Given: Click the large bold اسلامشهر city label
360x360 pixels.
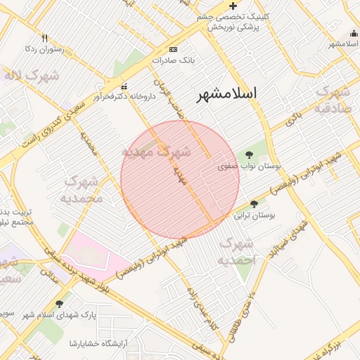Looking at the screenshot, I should (x=226, y=94).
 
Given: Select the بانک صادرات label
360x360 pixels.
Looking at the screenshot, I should (x=172, y=60).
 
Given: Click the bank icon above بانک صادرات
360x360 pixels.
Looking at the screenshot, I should (x=173, y=50).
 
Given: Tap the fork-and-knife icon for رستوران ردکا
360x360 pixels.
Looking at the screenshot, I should (x=44, y=38).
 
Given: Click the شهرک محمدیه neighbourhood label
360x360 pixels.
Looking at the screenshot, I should (x=84, y=189).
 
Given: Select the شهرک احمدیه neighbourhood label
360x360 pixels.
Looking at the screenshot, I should (x=236, y=252).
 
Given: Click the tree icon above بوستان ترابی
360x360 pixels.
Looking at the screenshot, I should (x=253, y=203).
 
